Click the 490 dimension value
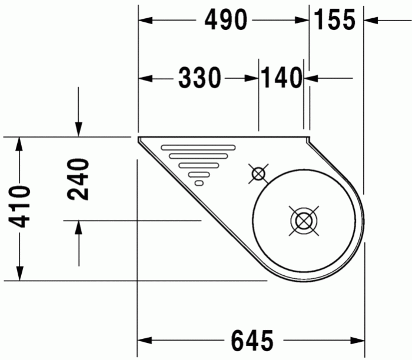225,21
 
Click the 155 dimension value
335,21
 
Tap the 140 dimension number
281,78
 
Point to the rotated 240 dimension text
79,179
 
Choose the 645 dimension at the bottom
252,341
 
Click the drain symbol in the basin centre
303,221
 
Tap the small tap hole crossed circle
258,174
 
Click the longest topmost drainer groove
198,146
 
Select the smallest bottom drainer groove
199,183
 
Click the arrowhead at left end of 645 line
145,341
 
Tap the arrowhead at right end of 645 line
358,341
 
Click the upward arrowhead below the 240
79,228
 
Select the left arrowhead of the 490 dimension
145,21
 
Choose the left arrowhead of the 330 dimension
145,78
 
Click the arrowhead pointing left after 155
371,21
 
